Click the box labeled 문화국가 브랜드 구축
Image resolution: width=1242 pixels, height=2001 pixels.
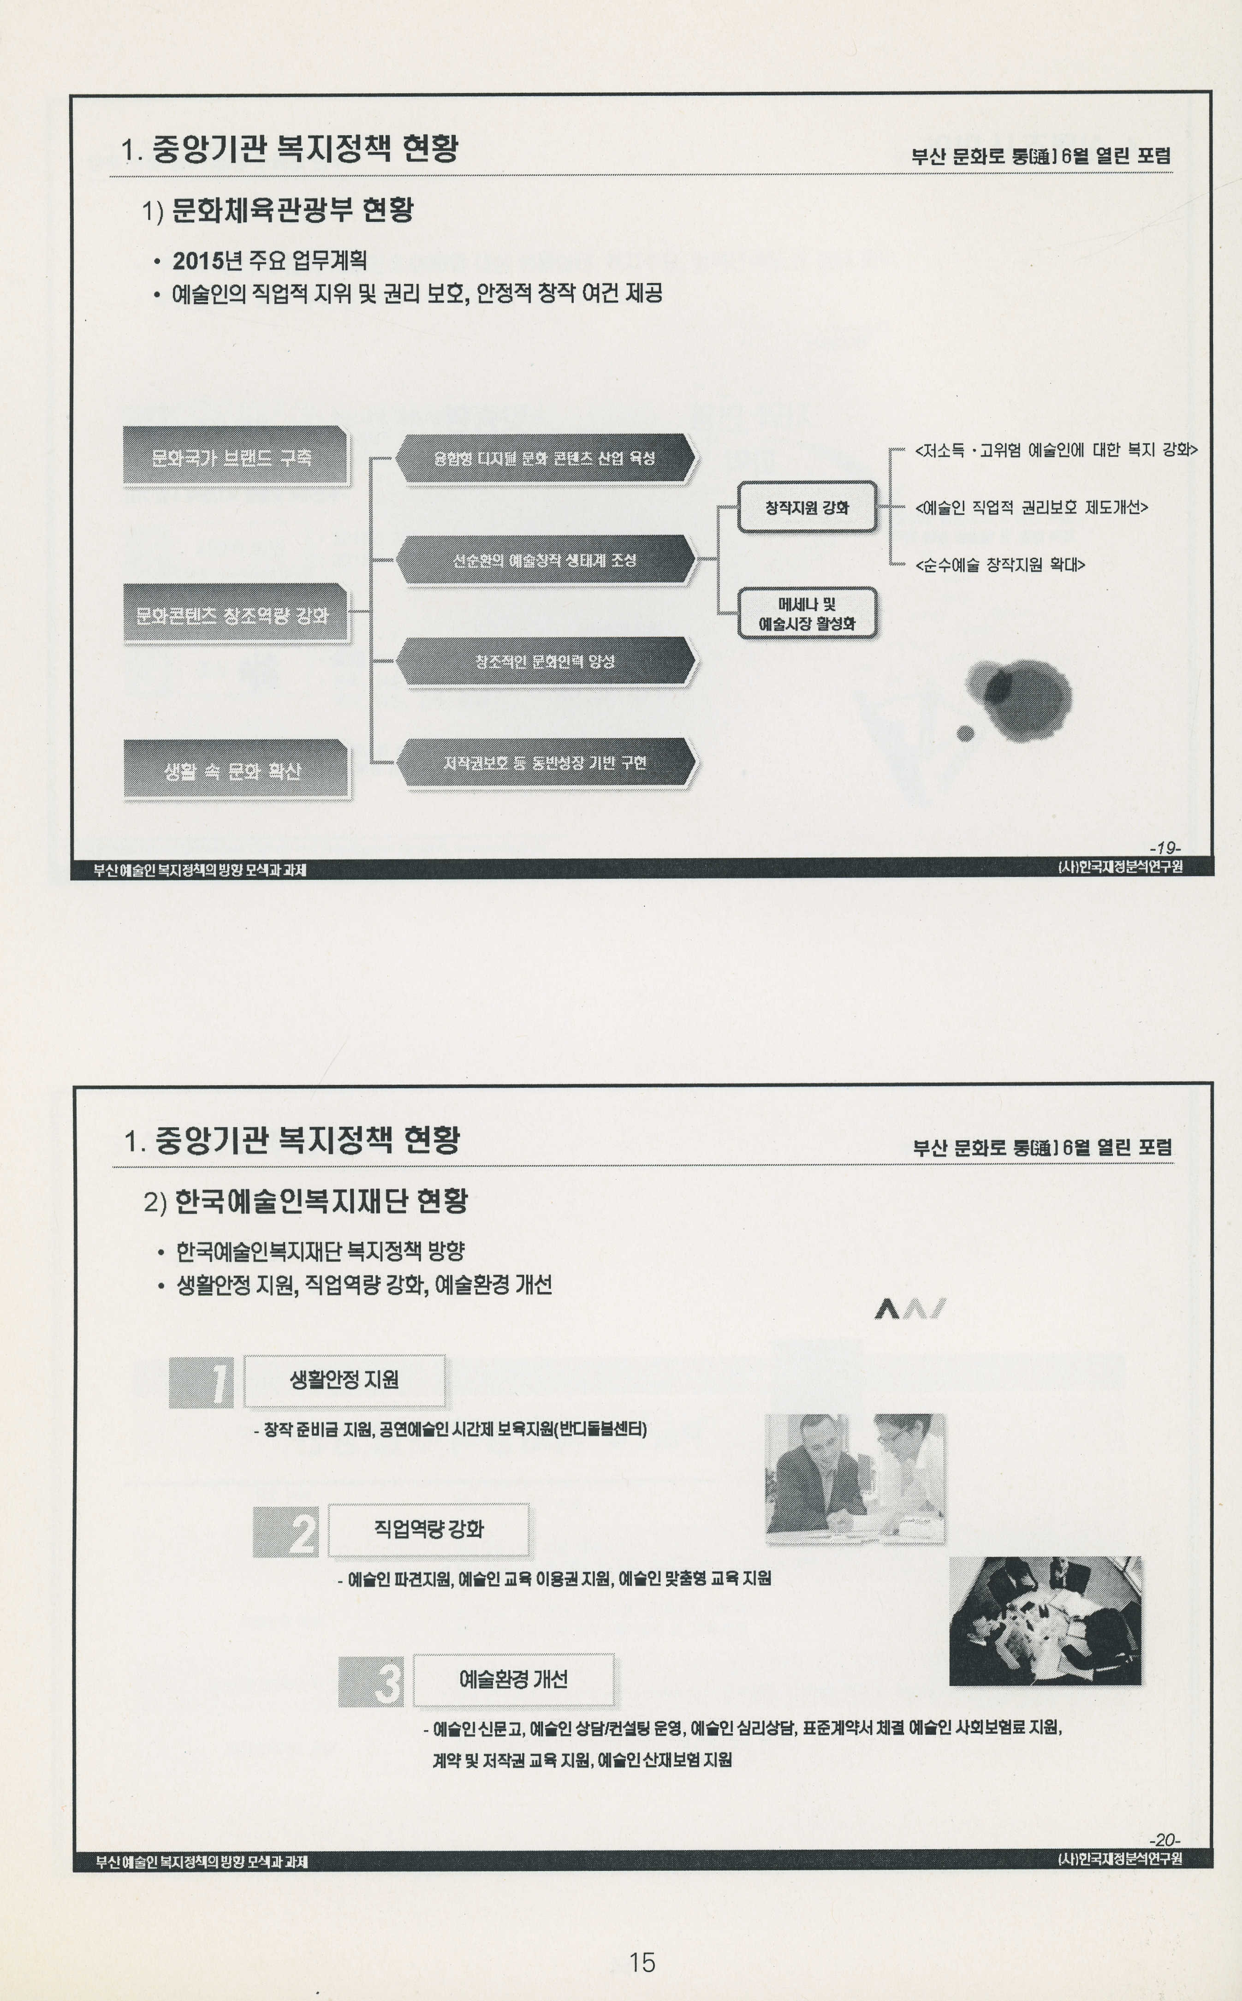point(235,457)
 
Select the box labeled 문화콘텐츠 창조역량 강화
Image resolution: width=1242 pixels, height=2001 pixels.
point(235,613)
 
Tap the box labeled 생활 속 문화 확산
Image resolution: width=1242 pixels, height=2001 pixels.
point(235,770)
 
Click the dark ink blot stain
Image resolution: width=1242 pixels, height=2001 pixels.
point(1019,698)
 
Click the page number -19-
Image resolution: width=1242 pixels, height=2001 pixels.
point(1165,847)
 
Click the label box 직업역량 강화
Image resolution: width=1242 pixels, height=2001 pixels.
point(428,1530)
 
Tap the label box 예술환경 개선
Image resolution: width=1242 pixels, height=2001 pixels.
point(513,1679)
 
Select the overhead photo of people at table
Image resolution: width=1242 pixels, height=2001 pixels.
point(1045,1620)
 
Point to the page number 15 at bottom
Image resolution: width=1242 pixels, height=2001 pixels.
point(642,1962)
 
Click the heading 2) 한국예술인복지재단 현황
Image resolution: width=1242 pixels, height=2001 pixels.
point(306,1202)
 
